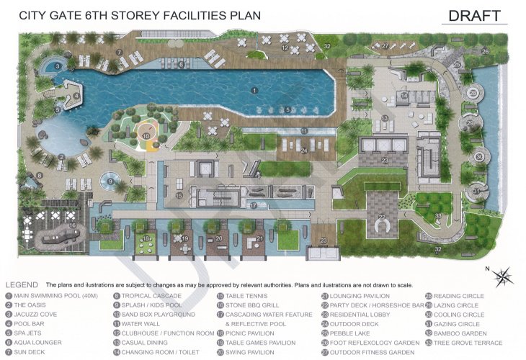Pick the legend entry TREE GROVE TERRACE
pyautogui.click(x=467, y=343)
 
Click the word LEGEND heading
pyautogui.click(x=22, y=285)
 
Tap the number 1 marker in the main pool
pyautogui.click(x=254, y=90)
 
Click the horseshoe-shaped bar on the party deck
pyautogui.click(x=382, y=228)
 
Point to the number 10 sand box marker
pyautogui.click(x=146, y=135)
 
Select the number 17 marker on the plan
pyautogui.click(x=254, y=205)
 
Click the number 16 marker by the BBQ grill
pyautogui.click(x=73, y=225)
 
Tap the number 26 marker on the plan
pyautogui.click(x=485, y=51)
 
